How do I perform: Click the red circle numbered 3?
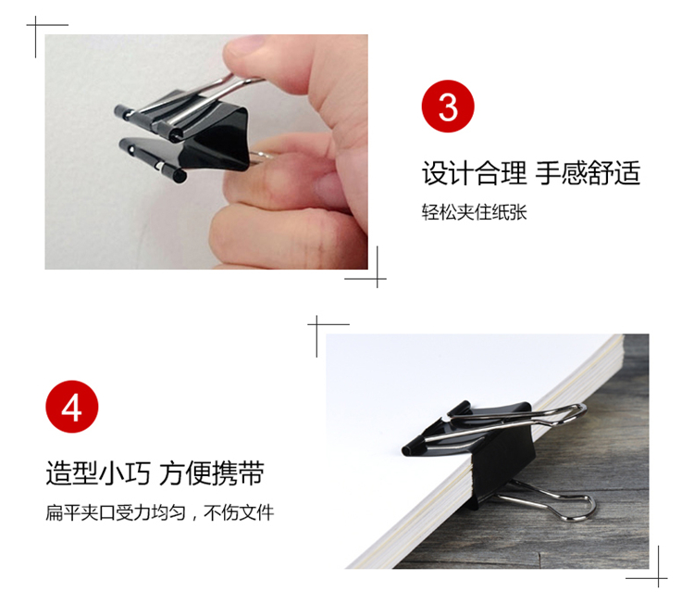tap(448, 106)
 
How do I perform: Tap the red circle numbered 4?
tap(71, 407)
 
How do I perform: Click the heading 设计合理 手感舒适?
tap(531, 173)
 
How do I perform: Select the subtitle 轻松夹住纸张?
tap(474, 212)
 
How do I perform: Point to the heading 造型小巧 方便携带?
tap(155, 473)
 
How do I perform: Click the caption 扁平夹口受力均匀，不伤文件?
tap(160, 512)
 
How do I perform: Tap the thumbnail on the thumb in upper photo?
tap(242, 50)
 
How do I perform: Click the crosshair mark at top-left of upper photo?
tap(36, 25)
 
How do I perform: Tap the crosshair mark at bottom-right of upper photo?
tap(378, 279)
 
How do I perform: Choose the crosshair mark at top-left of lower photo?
tap(316, 324)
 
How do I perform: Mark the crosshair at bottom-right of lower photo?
tap(658, 578)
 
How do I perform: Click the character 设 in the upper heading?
tap(435, 173)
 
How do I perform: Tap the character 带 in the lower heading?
tap(252, 473)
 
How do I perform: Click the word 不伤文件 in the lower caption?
tap(239, 512)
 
